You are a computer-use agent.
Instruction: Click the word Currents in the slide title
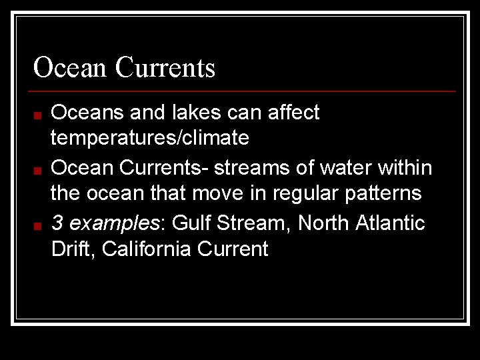tap(165, 67)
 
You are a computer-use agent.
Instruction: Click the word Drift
tap(73, 249)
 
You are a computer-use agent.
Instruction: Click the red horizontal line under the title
tap(244, 91)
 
